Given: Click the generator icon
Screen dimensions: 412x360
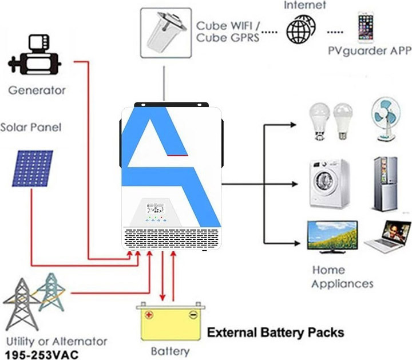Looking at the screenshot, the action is coord(34,54).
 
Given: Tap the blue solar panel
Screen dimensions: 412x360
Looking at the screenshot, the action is coord(33,168).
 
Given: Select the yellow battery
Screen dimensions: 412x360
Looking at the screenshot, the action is coord(171,322).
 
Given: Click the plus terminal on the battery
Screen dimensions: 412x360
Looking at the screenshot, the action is coord(149,315).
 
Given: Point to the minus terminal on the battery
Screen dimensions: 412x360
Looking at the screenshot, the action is coord(193,315).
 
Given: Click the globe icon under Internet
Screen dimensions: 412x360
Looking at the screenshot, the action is coord(301,29).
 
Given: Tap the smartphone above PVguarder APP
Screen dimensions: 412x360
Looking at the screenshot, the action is coord(366,27).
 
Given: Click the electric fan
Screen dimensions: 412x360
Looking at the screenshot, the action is coord(386,120).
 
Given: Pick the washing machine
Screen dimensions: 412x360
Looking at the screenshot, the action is coord(330,183).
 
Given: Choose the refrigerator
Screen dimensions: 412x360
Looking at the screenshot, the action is coord(386,183).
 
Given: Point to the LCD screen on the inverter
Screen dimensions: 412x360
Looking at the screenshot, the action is coord(155,208).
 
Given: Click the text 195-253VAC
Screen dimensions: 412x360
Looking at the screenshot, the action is coord(42,355).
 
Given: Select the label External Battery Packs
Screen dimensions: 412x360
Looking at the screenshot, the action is coord(276,333).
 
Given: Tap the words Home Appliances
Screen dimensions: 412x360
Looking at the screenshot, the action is coord(342,277).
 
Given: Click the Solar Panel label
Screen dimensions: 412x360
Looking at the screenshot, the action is coord(31,128).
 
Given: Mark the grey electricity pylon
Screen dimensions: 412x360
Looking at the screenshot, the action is coord(22,304).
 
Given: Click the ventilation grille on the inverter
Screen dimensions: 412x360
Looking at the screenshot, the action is coord(171,239).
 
